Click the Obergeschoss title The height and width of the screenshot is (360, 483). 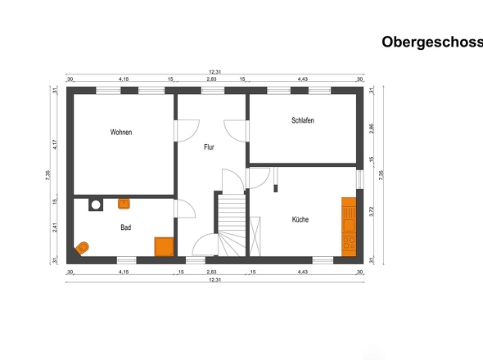pos(432,43)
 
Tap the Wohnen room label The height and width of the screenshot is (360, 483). pos(121,132)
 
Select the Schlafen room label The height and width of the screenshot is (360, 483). pos(303,120)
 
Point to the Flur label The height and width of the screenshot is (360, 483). pos(209,147)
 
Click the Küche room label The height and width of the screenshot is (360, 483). pos(300,219)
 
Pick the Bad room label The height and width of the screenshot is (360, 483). pos(126,227)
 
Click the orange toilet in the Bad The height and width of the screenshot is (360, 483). pos(82,248)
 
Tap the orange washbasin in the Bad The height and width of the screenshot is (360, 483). pos(124,204)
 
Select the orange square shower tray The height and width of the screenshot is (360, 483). pos(164,246)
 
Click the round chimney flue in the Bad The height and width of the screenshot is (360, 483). pos(96,205)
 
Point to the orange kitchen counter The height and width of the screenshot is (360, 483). pos(349,227)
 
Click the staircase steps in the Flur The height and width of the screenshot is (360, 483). pos(232,225)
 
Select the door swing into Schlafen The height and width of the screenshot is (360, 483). pos(235,131)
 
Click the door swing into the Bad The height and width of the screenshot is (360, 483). pos(186,209)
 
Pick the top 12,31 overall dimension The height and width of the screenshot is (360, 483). pos(215,72)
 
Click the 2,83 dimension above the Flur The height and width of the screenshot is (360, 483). pos(211,79)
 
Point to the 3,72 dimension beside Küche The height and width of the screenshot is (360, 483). pos(372,211)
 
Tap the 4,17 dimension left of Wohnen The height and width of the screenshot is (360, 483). pos(55,145)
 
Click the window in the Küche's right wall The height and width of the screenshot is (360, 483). pos(359,179)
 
